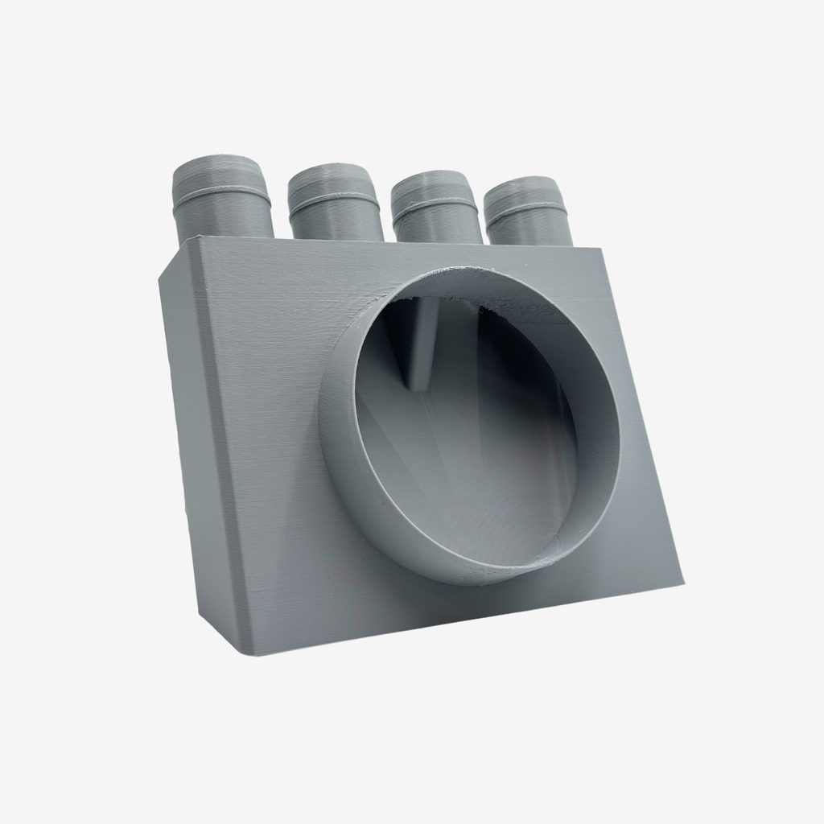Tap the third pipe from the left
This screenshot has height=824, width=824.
[436, 210]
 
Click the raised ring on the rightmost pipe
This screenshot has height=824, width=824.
[527, 207]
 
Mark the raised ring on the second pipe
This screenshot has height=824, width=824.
[334, 197]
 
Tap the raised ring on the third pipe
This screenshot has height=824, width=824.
[435, 202]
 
